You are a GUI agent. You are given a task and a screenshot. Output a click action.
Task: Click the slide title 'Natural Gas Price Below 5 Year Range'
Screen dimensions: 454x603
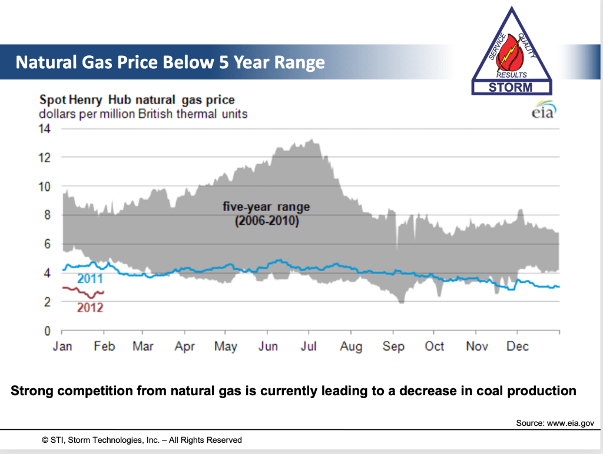click(170, 62)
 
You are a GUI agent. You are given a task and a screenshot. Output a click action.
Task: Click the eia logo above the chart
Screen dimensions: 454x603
click(542, 112)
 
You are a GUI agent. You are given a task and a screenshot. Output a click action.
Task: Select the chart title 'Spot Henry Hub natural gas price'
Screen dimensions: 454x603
click(137, 100)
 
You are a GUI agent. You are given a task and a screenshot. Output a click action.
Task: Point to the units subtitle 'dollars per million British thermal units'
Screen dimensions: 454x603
click(143, 113)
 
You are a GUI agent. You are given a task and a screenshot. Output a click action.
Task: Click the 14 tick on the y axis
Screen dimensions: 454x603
click(45, 129)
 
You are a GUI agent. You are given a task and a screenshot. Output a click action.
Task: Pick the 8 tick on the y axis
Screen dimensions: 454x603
click(49, 215)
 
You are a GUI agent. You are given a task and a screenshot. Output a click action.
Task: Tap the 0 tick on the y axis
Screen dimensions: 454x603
click(49, 331)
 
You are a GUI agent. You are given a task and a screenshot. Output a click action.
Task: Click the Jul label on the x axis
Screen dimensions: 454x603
click(309, 346)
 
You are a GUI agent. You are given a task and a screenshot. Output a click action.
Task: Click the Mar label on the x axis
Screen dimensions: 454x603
click(143, 346)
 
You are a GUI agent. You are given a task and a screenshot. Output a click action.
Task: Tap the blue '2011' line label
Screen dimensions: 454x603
click(90, 279)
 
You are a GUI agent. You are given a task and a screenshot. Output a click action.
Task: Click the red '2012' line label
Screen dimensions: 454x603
click(90, 307)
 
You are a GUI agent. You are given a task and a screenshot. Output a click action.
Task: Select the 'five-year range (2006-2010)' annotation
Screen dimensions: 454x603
click(266, 214)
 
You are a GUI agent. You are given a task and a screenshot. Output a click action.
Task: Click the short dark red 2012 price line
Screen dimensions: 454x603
click(82, 291)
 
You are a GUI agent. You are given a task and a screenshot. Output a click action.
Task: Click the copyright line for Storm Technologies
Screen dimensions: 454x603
click(141, 440)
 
